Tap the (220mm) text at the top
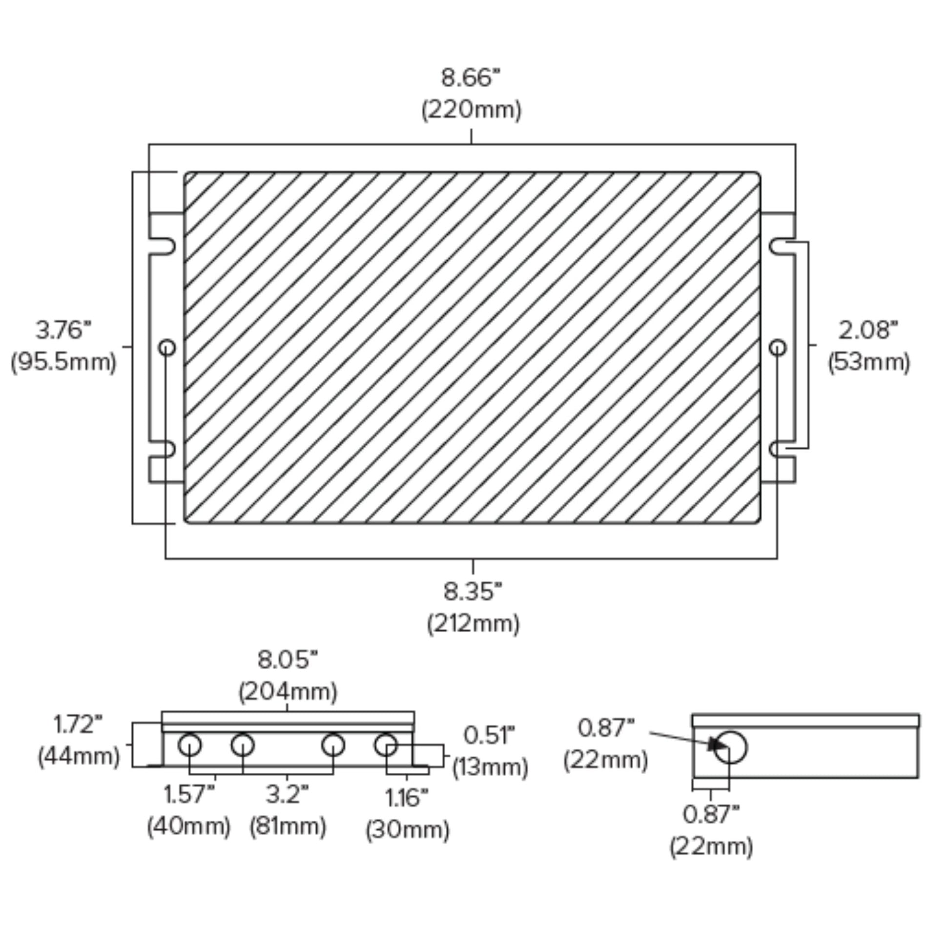click(471, 110)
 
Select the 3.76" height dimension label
click(63, 330)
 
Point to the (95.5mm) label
click(63, 362)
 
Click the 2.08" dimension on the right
click(868, 330)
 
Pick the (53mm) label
click(869, 362)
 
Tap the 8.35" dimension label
click(473, 592)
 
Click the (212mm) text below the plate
click(473, 624)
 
